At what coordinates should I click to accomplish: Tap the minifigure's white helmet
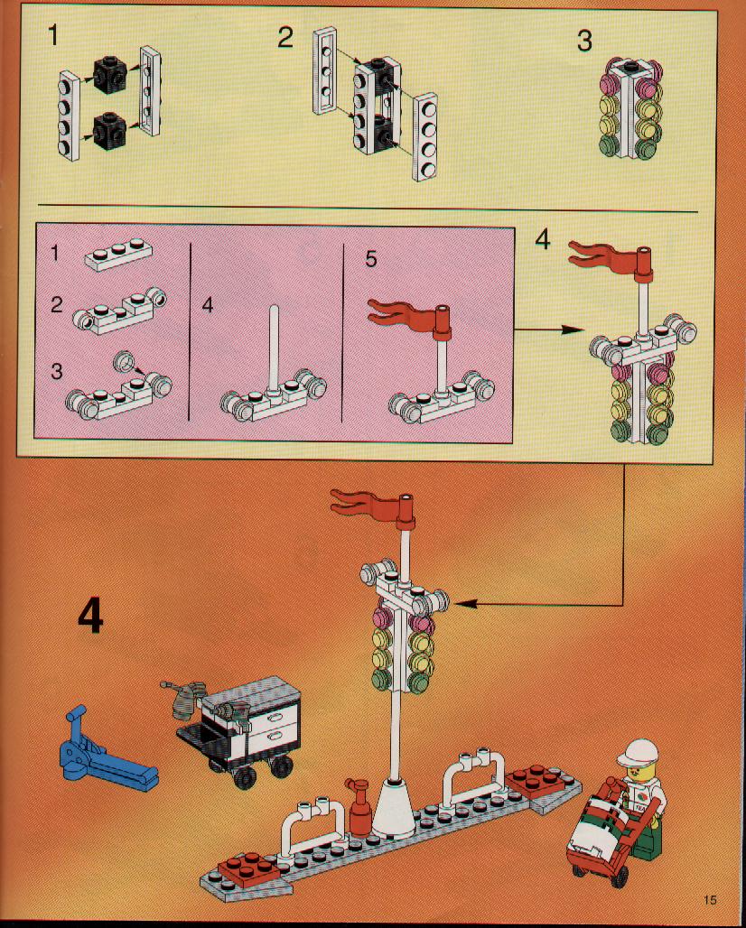coord(638,753)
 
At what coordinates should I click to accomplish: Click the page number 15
coord(710,900)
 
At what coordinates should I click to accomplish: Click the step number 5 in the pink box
coord(370,259)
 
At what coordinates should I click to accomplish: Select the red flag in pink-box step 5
coord(408,319)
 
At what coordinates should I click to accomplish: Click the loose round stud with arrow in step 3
coord(124,359)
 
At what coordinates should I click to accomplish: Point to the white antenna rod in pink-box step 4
coord(273,349)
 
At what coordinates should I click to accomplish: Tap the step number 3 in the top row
coord(584,42)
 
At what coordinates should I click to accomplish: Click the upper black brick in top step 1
coord(110,74)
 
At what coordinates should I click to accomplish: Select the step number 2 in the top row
coord(285,39)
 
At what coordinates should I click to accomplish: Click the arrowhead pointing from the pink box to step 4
coord(573,329)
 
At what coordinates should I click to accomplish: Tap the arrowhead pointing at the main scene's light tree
coord(466,604)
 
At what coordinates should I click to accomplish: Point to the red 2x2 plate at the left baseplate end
coord(248,868)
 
